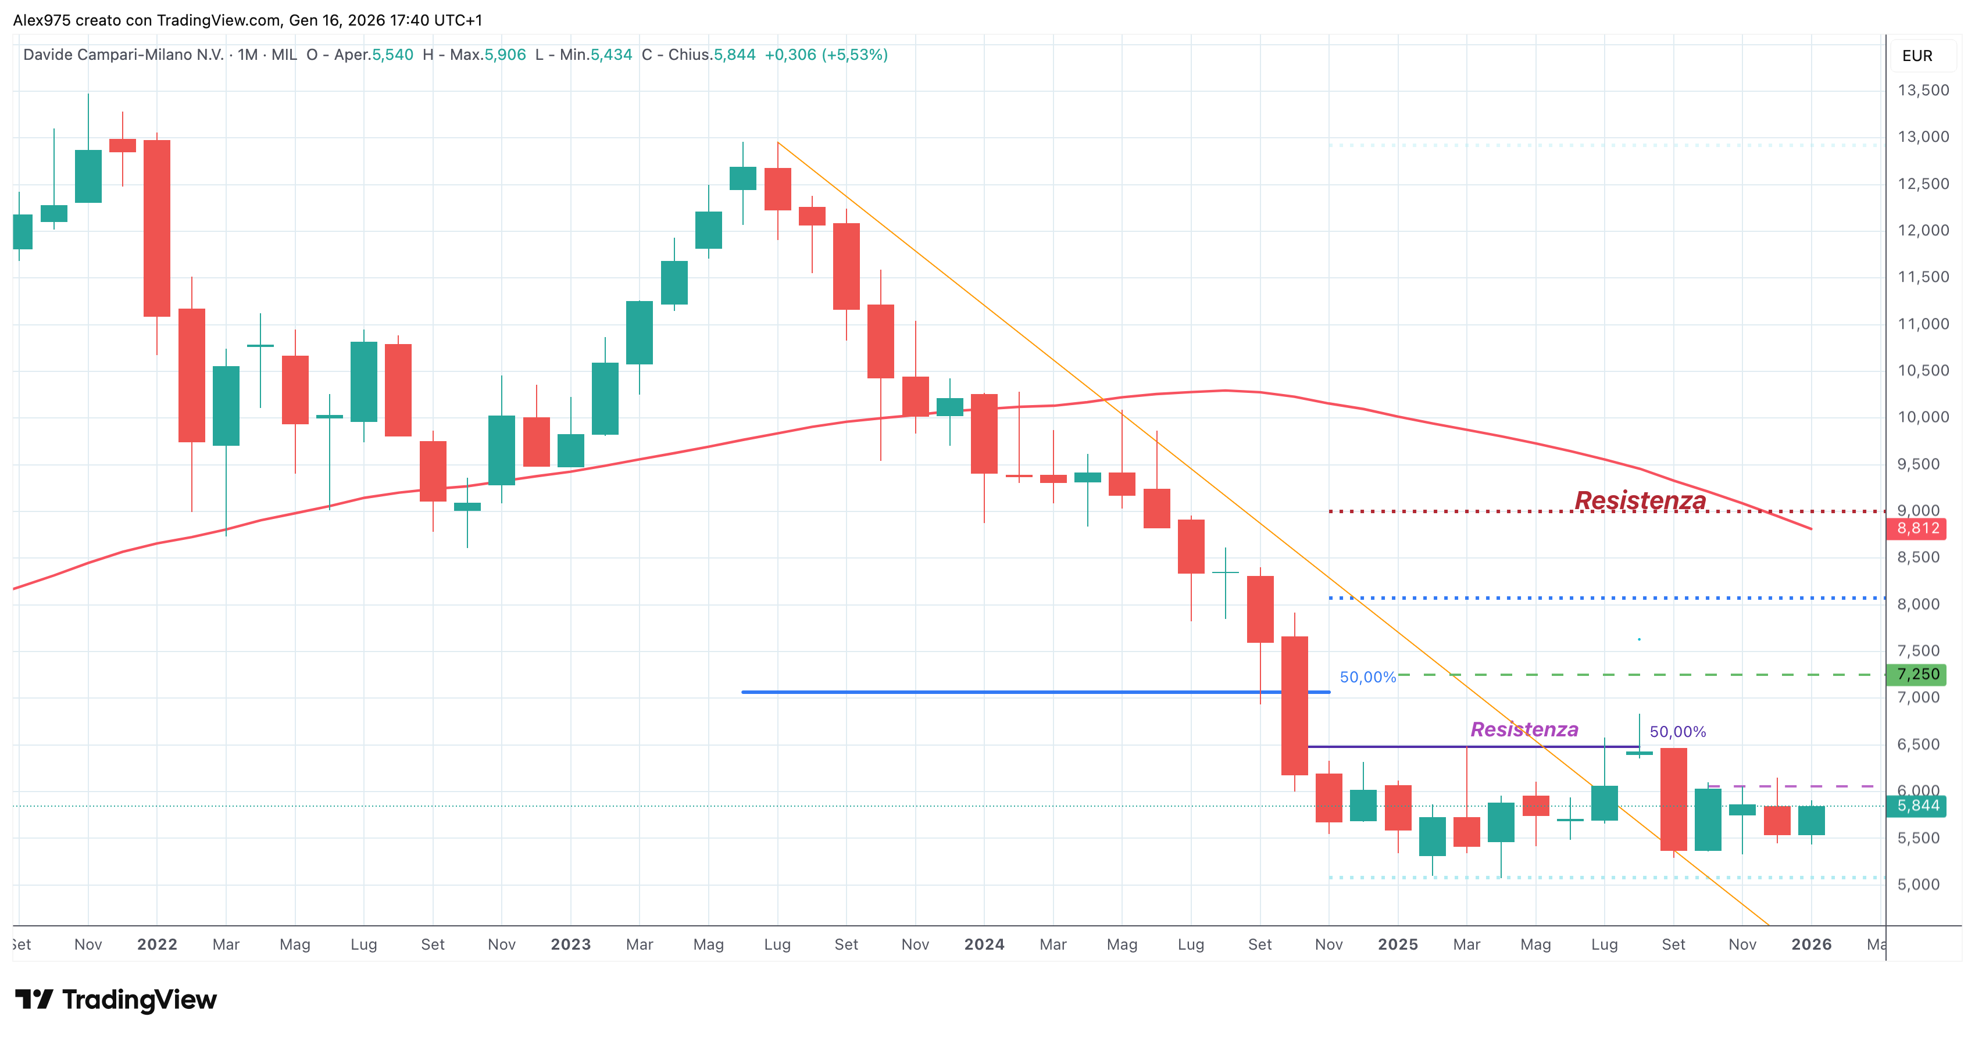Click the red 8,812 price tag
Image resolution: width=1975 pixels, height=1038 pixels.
coord(1917,528)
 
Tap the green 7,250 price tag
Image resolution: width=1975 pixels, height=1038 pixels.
coord(1917,675)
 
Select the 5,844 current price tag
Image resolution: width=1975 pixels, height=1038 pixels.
coord(1917,806)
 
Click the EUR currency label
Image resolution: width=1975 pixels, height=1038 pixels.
coord(1917,56)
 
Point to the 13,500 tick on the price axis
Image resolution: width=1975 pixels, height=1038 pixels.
coord(1923,91)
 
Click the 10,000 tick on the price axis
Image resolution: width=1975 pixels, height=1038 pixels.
coord(1923,417)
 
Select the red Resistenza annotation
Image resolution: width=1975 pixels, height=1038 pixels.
coord(1640,500)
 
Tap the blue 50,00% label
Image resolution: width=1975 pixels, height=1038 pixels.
coord(1368,677)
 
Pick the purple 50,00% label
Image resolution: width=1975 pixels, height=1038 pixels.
coord(1677,732)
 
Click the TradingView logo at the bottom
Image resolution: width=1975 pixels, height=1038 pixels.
coord(116,1000)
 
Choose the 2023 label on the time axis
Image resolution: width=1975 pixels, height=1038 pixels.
coord(570,944)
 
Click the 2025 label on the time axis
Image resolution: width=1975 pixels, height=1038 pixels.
coord(1398,944)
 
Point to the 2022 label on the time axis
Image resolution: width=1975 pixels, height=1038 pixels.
coord(157,944)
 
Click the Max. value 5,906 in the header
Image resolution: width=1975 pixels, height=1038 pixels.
coord(505,55)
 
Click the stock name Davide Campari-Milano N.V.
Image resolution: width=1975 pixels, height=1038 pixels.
coord(123,55)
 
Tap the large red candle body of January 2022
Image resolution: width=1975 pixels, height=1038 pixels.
coord(157,228)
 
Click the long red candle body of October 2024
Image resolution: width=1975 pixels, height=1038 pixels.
coord(1295,706)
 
